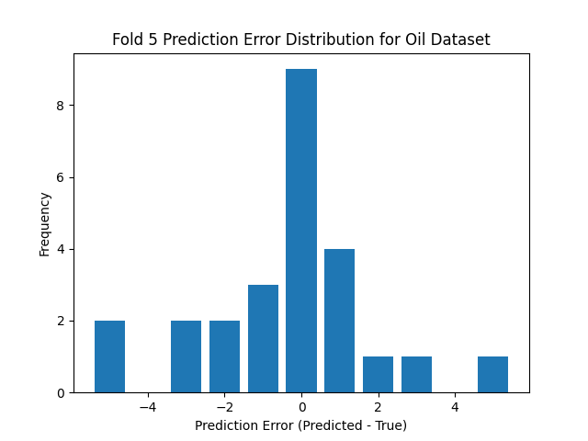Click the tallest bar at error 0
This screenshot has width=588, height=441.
point(301,231)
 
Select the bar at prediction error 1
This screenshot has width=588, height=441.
point(339,321)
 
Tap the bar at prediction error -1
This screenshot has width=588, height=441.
point(263,338)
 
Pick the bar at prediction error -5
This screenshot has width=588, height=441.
point(109,356)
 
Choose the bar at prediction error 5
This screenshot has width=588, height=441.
point(492,374)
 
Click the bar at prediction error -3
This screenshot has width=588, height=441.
point(186,356)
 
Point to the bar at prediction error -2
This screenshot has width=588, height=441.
point(224,356)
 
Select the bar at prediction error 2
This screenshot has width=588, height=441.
point(378,374)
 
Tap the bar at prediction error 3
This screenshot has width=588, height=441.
point(416,374)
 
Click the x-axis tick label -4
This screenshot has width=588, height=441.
point(148,407)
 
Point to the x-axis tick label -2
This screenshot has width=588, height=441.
point(224,407)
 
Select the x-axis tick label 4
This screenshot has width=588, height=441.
point(454,407)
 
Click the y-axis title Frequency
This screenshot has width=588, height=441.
point(44,223)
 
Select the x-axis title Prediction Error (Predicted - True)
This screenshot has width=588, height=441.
point(300,425)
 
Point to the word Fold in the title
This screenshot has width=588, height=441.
point(129,40)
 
